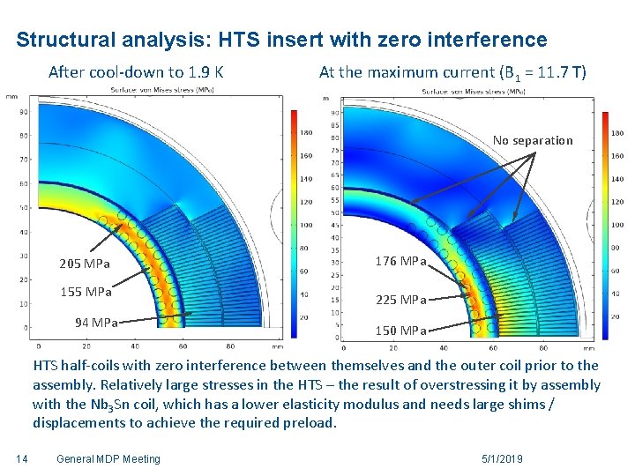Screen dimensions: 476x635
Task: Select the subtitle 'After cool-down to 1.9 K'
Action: [135, 71]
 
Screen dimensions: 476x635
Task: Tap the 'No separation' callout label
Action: [533, 140]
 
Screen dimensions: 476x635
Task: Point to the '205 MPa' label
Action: [85, 264]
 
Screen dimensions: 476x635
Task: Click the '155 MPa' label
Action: [85, 292]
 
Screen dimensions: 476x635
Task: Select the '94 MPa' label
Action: [96, 323]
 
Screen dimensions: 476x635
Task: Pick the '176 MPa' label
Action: [400, 261]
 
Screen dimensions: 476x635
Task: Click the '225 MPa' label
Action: [400, 300]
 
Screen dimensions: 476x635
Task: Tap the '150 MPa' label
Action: [400, 331]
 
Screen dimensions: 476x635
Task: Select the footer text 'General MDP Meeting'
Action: [108, 458]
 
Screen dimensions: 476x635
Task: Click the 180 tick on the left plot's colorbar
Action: [306, 133]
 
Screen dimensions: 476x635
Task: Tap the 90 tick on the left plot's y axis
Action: [23, 112]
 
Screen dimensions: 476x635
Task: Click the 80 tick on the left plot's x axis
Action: [230, 346]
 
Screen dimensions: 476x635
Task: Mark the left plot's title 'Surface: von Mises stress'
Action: [159, 90]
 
